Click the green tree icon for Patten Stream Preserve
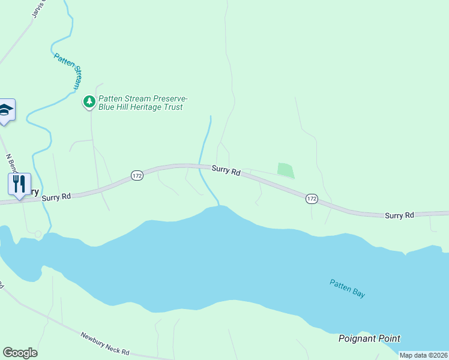89,101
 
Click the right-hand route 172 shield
311,198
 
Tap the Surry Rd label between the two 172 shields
226,170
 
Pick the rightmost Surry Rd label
399,215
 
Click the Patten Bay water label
347,289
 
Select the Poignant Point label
369,338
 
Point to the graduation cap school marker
5,110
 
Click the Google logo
20,353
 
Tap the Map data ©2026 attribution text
423,355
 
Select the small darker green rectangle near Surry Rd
286,170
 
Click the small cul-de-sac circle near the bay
38,233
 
